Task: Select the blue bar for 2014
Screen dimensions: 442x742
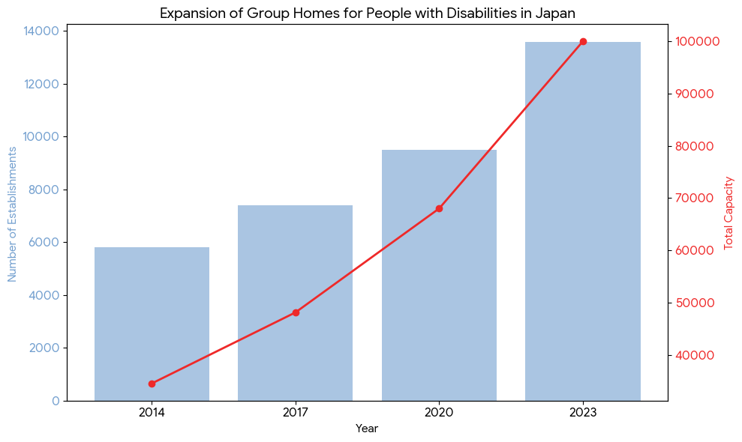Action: tap(152, 324)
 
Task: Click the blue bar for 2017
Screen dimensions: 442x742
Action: tap(295, 303)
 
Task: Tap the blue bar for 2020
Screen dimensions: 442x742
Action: tap(439, 275)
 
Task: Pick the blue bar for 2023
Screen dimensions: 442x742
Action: tap(583, 221)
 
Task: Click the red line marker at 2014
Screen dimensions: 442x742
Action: tap(152, 384)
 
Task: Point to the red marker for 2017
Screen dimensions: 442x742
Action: tap(296, 312)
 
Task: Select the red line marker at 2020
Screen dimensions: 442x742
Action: tap(439, 208)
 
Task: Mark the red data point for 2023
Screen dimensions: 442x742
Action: tap(583, 42)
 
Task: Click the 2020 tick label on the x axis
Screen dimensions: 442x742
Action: tap(439, 411)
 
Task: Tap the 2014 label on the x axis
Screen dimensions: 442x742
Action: tap(152, 411)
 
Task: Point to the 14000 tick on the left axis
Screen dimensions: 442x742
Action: tap(44, 31)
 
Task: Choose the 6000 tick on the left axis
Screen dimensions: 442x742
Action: tap(47, 242)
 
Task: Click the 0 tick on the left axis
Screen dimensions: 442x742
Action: tap(56, 401)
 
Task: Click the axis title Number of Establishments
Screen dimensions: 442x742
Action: tap(12, 214)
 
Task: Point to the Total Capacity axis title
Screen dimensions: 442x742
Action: tap(728, 214)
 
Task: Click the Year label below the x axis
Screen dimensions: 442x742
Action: tap(367, 429)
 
